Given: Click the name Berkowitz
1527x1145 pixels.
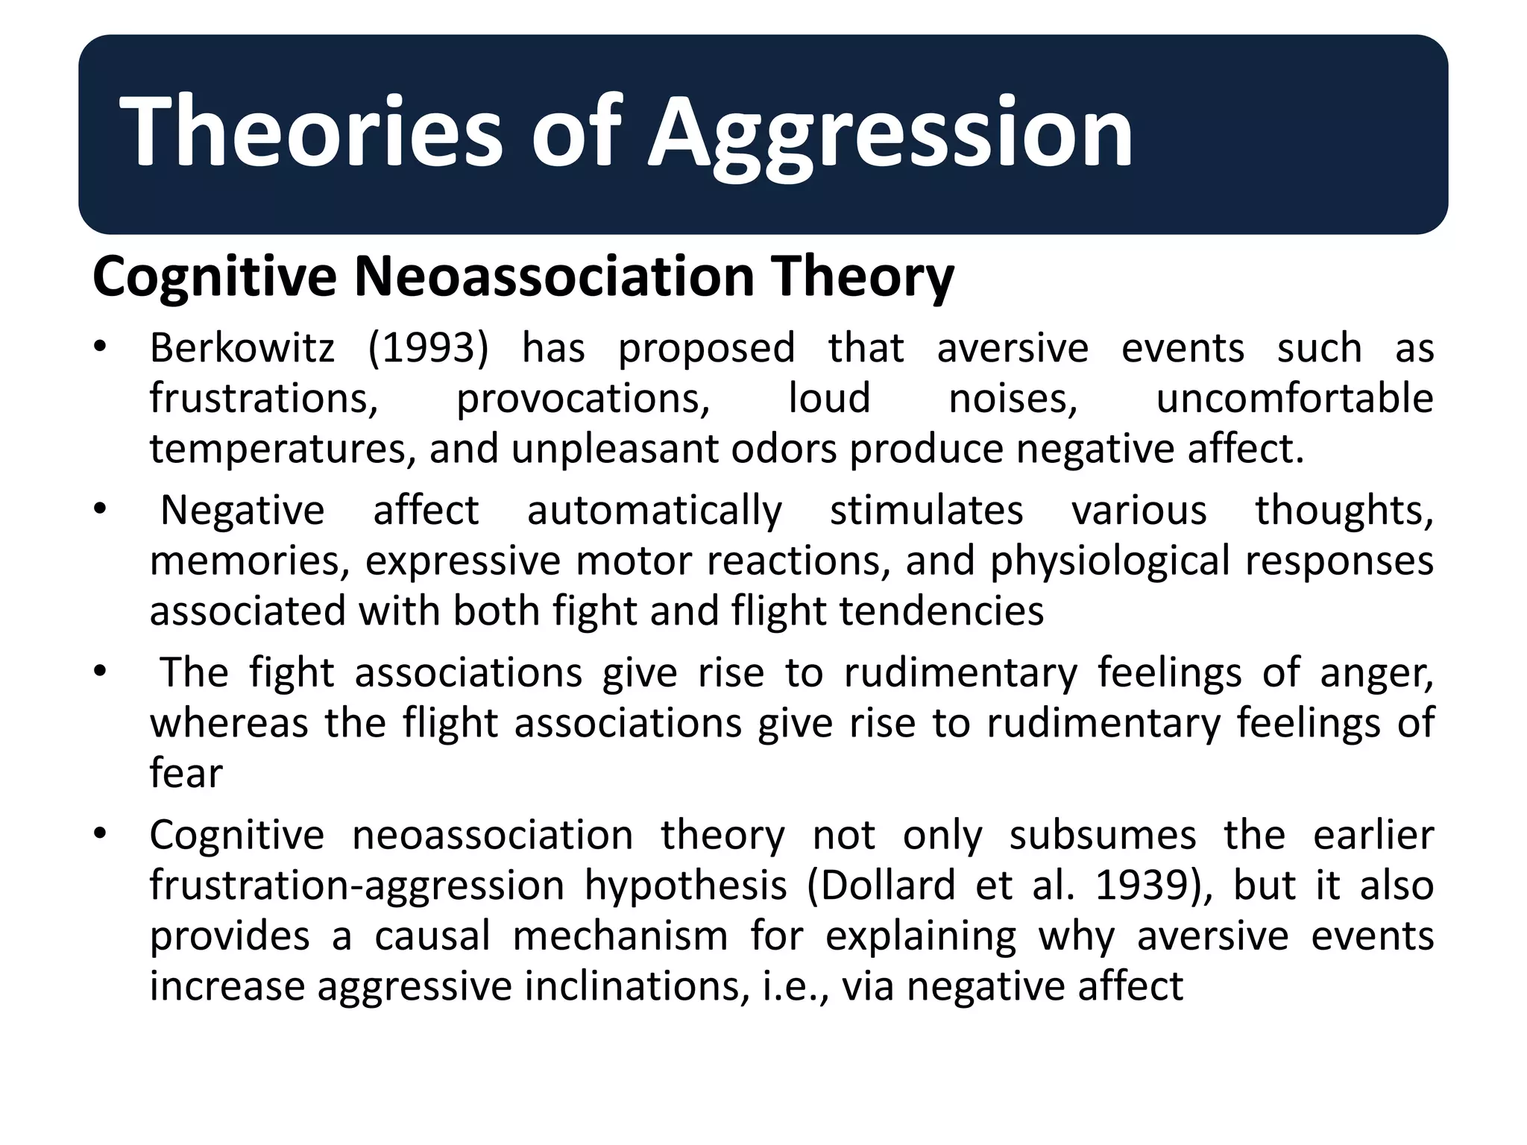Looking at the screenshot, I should tap(242, 348).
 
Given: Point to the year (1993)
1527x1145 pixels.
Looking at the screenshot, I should tap(428, 348).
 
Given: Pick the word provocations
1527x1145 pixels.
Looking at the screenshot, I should tap(583, 399).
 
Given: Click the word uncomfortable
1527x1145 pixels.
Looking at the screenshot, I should tap(1294, 399).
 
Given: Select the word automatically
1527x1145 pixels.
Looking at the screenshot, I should tap(655, 511).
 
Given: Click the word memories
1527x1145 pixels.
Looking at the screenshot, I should tap(249, 561).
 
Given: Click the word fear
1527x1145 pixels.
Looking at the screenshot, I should tap(186, 773).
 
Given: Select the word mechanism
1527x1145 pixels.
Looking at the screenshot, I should tap(620, 936).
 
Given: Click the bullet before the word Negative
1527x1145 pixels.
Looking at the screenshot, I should tap(101, 509).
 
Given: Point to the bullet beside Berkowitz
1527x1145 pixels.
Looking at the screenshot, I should tap(101, 347).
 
